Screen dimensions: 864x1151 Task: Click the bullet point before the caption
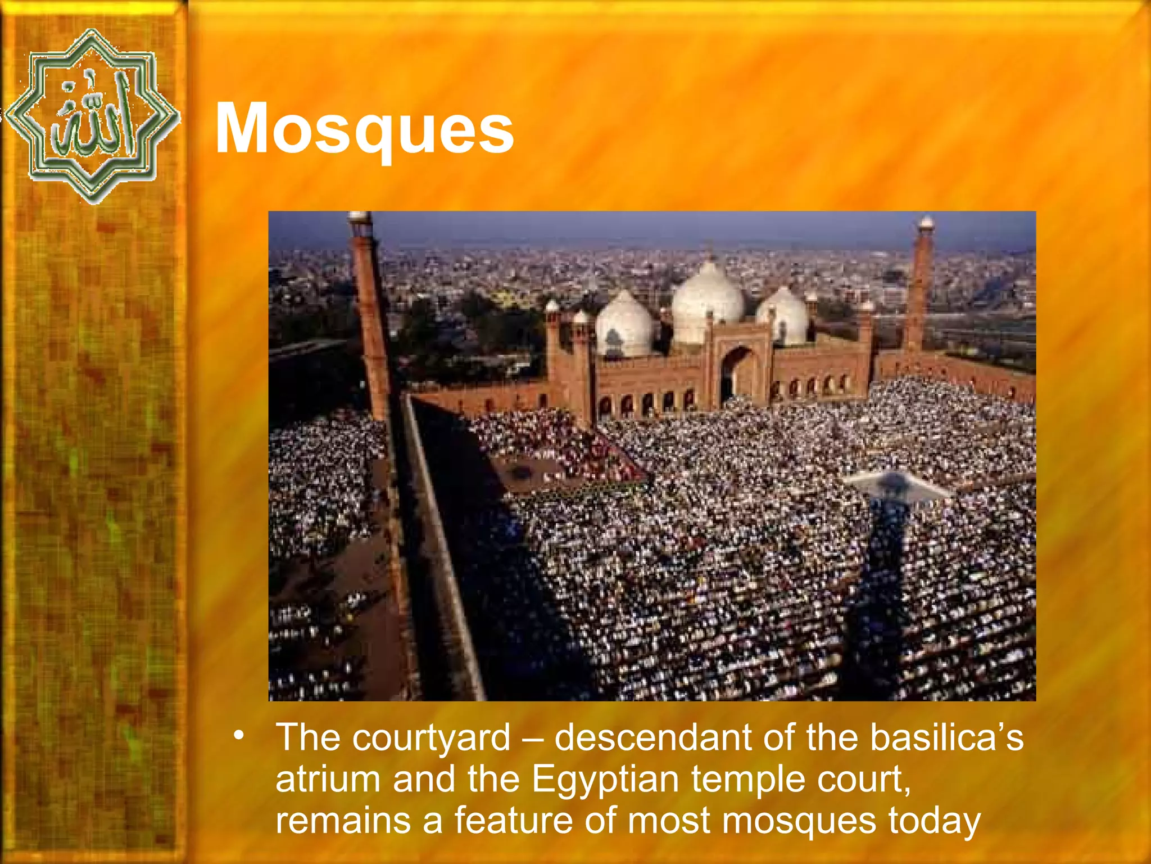tap(240, 735)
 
